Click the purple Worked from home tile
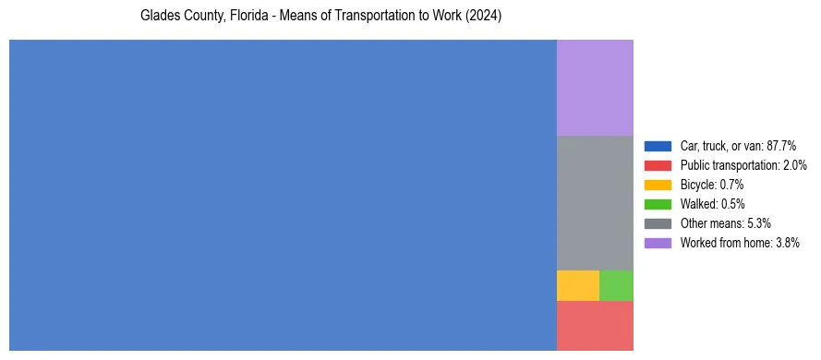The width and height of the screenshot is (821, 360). (595, 88)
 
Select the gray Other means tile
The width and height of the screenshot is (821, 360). (595, 202)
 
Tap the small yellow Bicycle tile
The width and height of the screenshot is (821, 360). (577, 285)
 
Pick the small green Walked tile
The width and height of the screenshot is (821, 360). (616, 285)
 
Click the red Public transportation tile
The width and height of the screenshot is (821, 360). (595, 325)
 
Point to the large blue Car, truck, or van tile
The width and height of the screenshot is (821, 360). (283, 195)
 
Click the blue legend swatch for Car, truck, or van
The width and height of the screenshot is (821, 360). (658, 146)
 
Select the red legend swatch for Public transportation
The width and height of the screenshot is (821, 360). (658, 165)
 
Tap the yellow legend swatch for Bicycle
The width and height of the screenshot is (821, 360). (658, 185)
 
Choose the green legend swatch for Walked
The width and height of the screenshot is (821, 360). (658, 204)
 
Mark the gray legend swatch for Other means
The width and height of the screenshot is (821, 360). (658, 223)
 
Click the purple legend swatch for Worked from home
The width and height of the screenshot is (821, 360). (658, 243)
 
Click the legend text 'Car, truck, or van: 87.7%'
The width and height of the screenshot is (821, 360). (738, 146)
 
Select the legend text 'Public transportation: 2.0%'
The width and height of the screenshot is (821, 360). (743, 165)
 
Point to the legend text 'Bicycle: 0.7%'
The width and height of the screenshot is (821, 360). (712, 185)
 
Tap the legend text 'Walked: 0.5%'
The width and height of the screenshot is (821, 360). (712, 204)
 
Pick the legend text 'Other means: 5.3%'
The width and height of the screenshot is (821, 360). (725, 223)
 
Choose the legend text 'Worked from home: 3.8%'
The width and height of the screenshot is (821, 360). (739, 243)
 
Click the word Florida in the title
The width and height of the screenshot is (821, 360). (243, 17)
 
